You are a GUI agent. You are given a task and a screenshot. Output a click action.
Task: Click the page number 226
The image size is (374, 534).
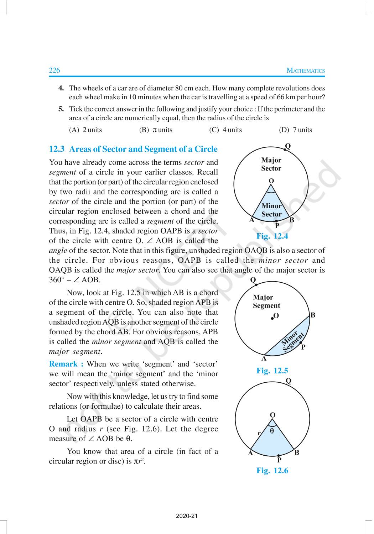click(54, 70)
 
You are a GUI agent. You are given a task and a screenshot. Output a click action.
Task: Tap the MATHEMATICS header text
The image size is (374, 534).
click(306, 70)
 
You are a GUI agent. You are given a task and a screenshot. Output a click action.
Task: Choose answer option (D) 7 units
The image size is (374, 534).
click(295, 130)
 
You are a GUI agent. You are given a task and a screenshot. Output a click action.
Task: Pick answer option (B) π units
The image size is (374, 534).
click(156, 130)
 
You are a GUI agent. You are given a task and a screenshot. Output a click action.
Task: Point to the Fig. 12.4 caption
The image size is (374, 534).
click(272, 236)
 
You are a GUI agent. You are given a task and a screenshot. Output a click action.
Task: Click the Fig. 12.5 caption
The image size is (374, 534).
click(272, 371)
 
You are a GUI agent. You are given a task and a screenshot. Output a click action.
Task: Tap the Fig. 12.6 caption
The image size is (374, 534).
click(272, 470)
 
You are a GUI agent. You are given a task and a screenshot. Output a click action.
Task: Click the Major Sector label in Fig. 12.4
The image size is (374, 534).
click(271, 164)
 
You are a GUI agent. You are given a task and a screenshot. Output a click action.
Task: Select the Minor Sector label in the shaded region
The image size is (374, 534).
click(271, 210)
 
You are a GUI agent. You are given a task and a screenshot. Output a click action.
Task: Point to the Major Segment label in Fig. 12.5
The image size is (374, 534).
click(266, 301)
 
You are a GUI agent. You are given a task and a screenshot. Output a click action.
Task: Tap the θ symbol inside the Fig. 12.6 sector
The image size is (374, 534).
click(272, 431)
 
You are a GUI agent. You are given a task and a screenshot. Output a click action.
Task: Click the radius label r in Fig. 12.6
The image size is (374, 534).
click(259, 433)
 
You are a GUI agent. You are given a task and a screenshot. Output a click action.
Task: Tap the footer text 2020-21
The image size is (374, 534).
click(187, 516)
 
